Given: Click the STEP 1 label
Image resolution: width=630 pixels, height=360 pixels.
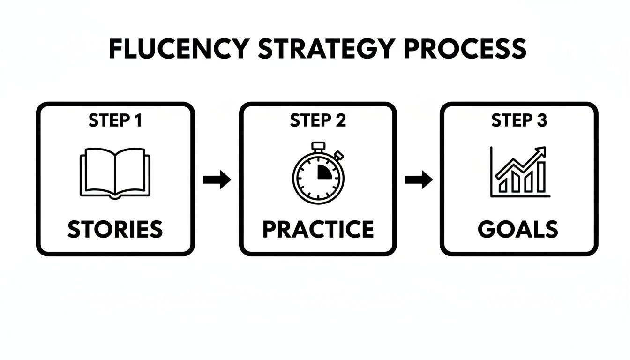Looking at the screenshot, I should (115, 121).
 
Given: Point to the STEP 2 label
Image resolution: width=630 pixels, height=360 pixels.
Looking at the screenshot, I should (318, 121).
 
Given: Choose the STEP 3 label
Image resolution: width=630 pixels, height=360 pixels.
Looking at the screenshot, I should (519, 121).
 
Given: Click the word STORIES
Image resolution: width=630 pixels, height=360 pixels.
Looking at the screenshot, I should (115, 229).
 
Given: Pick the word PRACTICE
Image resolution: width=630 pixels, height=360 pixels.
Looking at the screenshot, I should (318, 229).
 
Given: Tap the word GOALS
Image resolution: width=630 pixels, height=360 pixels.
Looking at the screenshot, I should (518, 229).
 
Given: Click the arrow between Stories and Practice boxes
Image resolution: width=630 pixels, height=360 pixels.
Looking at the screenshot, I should (217, 180).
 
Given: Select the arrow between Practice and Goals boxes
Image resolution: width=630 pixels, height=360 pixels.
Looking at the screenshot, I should (419, 180).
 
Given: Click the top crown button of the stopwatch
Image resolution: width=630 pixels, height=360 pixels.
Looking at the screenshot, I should (319, 146).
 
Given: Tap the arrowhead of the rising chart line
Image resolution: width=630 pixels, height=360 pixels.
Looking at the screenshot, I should (542, 151).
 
